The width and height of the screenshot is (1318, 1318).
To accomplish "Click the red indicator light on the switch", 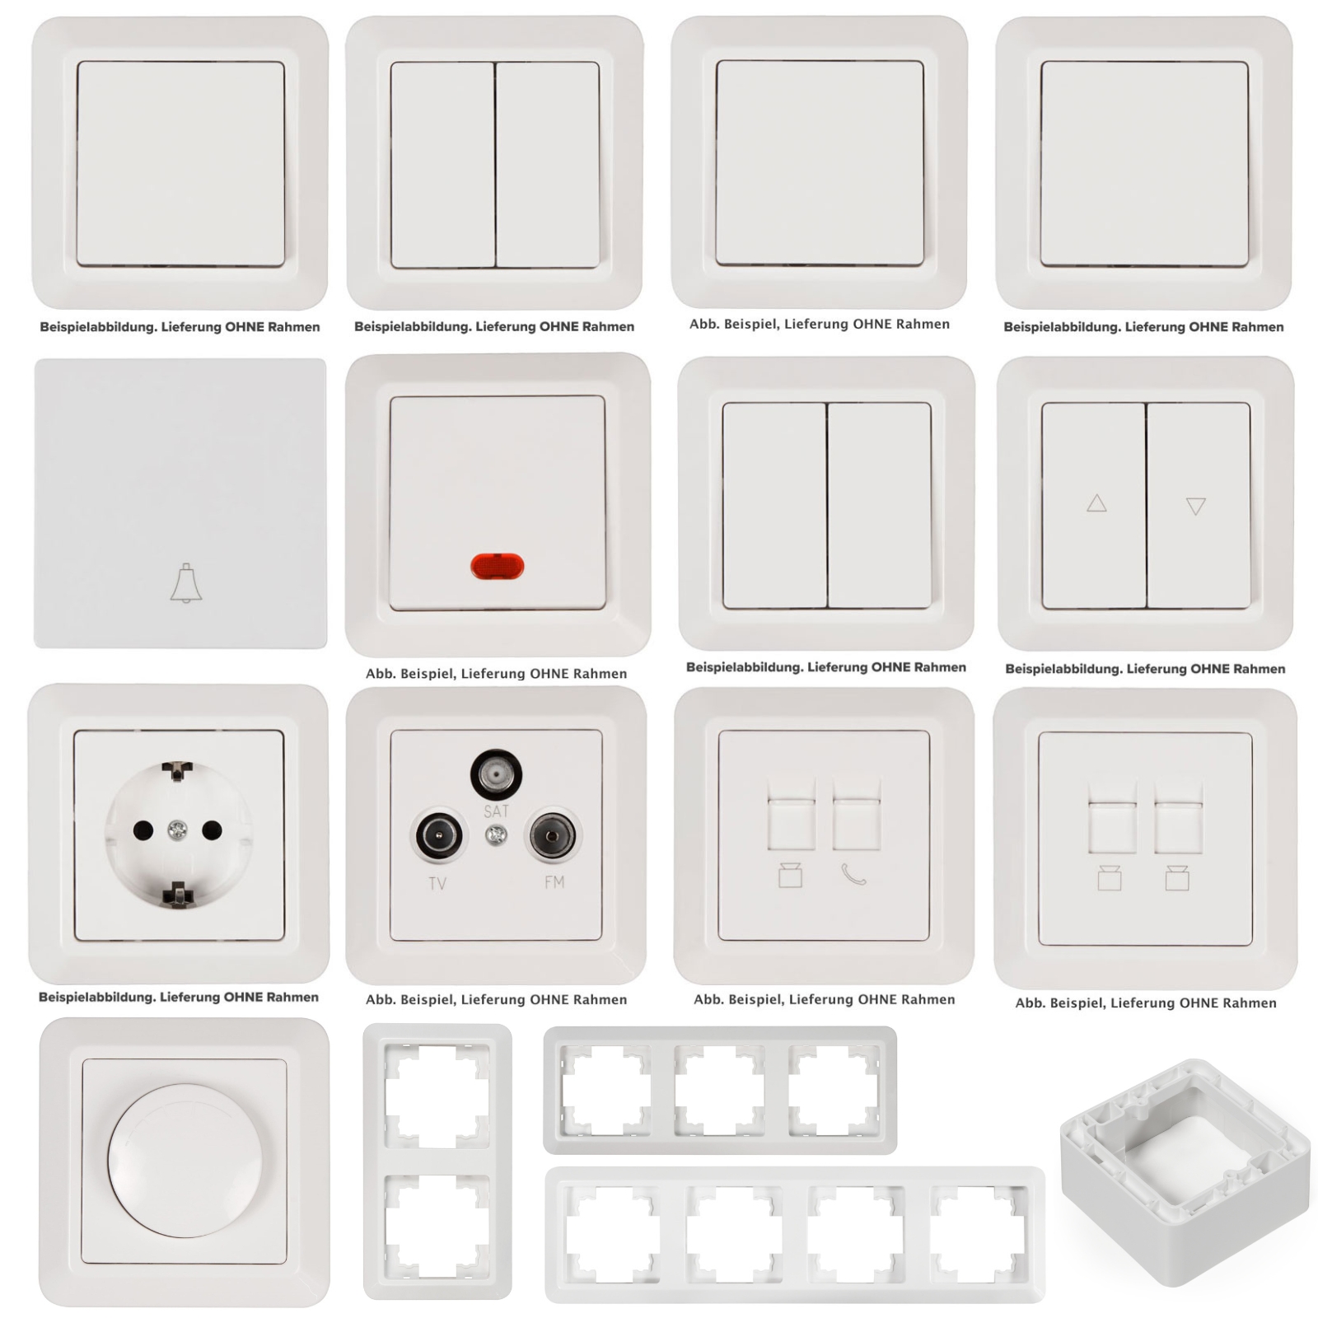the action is click(x=497, y=567).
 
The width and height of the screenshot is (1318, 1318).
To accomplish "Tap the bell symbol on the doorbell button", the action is click(x=186, y=584).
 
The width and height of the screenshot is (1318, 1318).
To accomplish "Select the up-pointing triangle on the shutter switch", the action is click(x=1096, y=502).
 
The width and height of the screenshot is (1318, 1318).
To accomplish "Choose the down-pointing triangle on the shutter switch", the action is click(x=1196, y=506).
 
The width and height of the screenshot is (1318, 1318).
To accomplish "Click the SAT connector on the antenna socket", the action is click(x=496, y=774).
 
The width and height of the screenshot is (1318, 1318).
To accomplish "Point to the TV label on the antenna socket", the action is click(x=437, y=884).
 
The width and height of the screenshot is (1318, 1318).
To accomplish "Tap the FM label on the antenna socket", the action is click(x=554, y=882).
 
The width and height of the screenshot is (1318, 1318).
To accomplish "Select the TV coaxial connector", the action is click(x=438, y=837).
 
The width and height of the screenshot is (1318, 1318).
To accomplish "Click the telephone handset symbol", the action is click(x=854, y=875).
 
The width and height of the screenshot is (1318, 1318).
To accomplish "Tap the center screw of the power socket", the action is click(x=177, y=830).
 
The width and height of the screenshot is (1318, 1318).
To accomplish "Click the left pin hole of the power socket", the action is click(x=143, y=830).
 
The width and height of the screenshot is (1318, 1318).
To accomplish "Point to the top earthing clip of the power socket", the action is click(x=177, y=772).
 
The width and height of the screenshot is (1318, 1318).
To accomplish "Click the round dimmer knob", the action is click(x=185, y=1160).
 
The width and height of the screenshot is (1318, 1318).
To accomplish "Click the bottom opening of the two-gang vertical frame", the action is click(x=437, y=1227).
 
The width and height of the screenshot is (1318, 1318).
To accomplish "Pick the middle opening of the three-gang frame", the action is click(x=720, y=1090).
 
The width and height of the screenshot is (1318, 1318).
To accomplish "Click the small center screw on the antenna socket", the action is click(x=496, y=836).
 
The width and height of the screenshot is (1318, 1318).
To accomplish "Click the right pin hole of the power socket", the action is click(x=212, y=830).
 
